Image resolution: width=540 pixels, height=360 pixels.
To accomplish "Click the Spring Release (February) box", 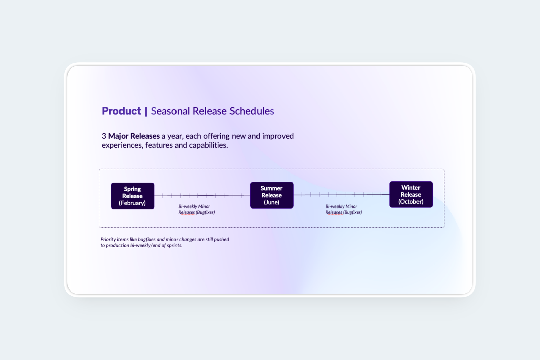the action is [133, 196].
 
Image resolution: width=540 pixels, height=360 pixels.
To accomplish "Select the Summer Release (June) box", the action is [272, 195].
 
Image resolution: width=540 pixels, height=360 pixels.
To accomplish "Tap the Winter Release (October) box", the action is [411, 194].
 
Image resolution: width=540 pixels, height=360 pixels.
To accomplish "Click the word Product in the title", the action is [121, 111].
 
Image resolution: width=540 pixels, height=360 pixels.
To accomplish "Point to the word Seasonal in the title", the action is [170, 111].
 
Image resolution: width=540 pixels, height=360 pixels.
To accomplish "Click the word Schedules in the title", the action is [252, 111].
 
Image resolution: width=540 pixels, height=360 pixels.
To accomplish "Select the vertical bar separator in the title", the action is [146, 112].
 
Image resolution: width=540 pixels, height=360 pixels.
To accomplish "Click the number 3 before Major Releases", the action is [104, 136].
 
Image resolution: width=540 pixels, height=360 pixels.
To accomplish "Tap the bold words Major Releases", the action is [134, 136].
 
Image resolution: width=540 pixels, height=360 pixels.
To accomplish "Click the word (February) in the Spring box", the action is [132, 203].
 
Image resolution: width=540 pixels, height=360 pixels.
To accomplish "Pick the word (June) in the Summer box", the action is [271, 202].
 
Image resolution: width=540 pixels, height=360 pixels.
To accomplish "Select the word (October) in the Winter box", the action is [411, 202].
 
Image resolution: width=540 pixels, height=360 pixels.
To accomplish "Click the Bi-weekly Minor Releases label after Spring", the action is [196, 209].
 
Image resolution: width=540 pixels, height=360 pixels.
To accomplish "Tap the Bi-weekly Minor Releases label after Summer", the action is [344, 209].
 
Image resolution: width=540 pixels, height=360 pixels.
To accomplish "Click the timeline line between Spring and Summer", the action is [202, 195].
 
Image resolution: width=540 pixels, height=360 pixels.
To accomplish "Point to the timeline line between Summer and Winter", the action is [342, 194].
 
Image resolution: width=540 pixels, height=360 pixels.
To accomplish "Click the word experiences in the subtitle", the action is [122, 145].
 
